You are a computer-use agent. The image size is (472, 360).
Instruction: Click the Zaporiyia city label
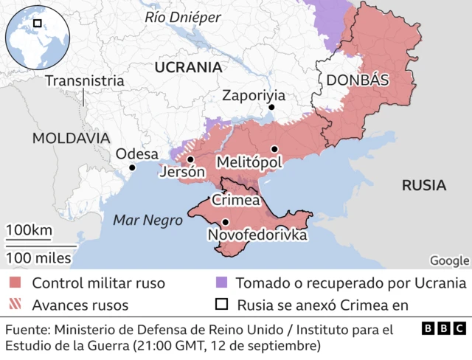click(x=253, y=95)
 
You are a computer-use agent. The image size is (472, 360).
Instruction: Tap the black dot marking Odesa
click(x=132, y=167)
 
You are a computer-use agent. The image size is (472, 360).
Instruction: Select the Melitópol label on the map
click(x=249, y=162)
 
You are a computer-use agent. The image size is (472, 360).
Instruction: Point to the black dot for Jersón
click(x=190, y=159)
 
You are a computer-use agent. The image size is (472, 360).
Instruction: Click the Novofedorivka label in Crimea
click(x=257, y=235)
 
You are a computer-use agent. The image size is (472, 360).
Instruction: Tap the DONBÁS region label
click(x=356, y=80)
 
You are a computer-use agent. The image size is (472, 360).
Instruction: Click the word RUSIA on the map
click(x=423, y=185)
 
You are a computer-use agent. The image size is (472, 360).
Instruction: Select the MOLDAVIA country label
click(x=71, y=138)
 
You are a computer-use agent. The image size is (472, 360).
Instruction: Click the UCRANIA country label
click(x=189, y=67)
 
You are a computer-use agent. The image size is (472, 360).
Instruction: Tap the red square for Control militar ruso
click(x=15, y=283)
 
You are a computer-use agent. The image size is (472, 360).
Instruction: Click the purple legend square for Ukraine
click(x=221, y=283)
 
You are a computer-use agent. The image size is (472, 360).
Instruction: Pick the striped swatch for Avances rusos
click(x=15, y=305)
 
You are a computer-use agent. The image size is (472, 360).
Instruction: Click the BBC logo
click(x=443, y=329)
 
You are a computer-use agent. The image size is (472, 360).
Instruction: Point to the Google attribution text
click(x=449, y=260)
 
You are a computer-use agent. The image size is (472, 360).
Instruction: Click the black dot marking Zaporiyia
click(x=271, y=108)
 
